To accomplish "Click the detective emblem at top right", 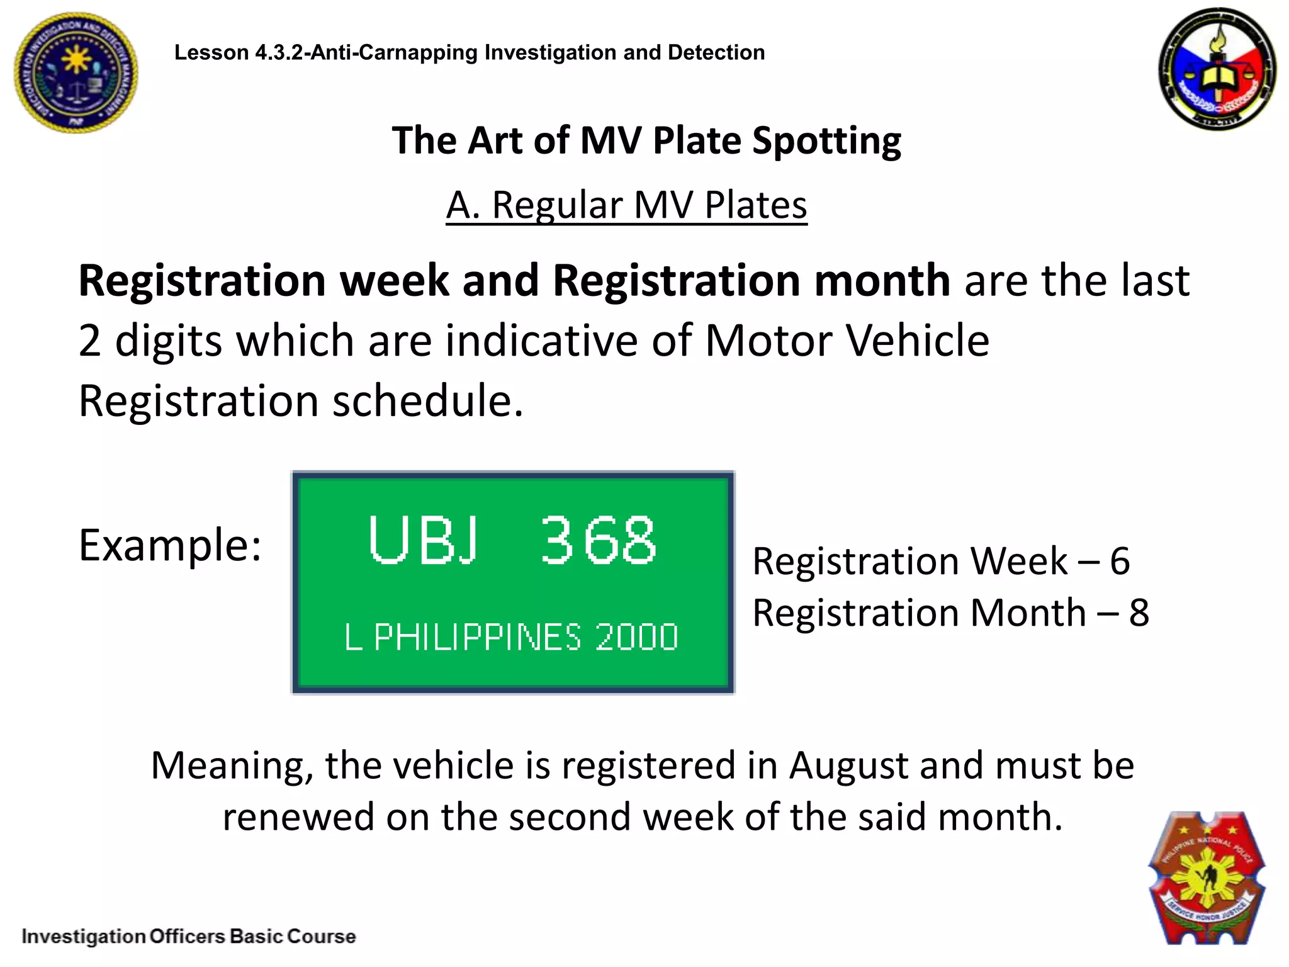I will point(1217,69).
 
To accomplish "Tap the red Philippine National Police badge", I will point(1207,879).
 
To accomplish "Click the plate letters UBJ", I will point(424,540).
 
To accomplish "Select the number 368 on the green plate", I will point(598,540).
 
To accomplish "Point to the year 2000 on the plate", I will point(636,637).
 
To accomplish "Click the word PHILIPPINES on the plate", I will point(478,637).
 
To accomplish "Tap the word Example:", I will point(170,545).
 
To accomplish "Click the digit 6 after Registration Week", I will point(1120,561).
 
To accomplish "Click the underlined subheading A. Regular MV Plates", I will point(626,205).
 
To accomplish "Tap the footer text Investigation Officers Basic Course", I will point(189,936).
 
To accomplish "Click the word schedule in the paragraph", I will point(427,401).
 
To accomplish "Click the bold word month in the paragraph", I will point(882,281).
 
